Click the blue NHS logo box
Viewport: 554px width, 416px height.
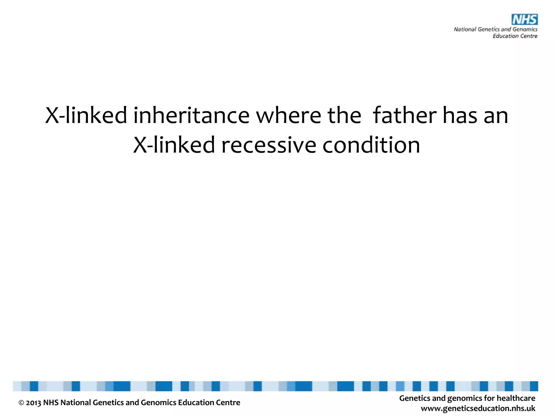[x=524, y=19]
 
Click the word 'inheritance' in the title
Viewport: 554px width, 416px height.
[x=191, y=116]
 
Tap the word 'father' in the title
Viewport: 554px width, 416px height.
[x=404, y=116]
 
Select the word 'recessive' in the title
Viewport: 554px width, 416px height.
[x=269, y=145]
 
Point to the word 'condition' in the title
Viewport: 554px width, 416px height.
[x=371, y=145]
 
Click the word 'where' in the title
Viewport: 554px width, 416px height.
[x=288, y=116]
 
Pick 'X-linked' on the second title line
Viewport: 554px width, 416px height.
[x=174, y=145]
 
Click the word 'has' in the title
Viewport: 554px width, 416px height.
[x=460, y=116]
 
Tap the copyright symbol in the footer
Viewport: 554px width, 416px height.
[x=21, y=403]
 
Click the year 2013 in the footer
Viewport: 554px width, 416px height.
[x=34, y=403]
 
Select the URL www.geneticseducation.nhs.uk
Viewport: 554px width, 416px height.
[x=478, y=408]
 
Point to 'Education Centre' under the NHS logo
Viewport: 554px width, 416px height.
[x=515, y=36]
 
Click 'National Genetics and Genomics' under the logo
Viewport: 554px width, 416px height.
[x=495, y=29]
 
